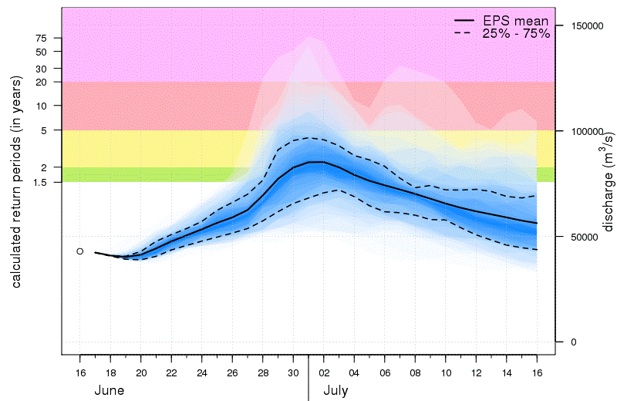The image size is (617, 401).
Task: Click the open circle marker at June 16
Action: [80, 251]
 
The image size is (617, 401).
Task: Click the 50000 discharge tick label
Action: [588, 237]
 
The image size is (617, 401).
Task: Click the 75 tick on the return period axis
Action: [41, 38]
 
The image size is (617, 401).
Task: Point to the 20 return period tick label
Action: [41, 82]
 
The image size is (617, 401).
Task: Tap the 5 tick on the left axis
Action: [44, 130]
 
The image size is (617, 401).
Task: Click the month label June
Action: [110, 390]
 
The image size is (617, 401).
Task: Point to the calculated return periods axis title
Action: [16, 184]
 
